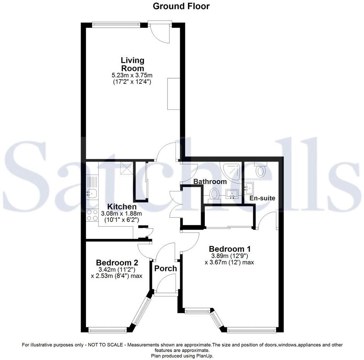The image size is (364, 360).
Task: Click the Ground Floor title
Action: tap(181, 6)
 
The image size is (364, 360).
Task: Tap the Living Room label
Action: tap(133, 64)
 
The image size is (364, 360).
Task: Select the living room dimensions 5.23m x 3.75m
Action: tap(133, 75)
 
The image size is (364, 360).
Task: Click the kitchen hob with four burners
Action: tap(92, 215)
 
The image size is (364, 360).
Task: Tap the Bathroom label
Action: tap(209, 182)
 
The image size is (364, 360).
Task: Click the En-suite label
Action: tap(262, 198)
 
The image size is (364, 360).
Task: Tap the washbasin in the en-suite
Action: tap(250, 187)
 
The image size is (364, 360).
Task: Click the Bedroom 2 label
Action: tap(117, 262)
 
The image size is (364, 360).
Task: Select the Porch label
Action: tap(165, 268)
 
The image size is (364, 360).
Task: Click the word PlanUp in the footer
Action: tap(204, 355)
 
